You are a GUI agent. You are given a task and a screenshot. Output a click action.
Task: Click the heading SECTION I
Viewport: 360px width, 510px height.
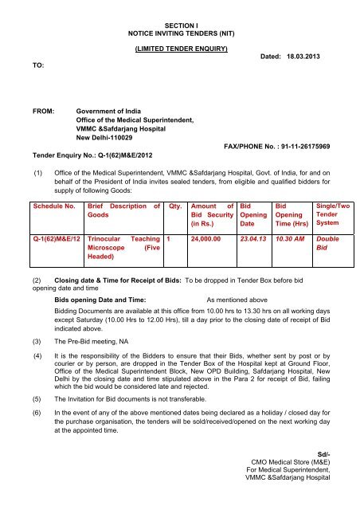click(x=179, y=26)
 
